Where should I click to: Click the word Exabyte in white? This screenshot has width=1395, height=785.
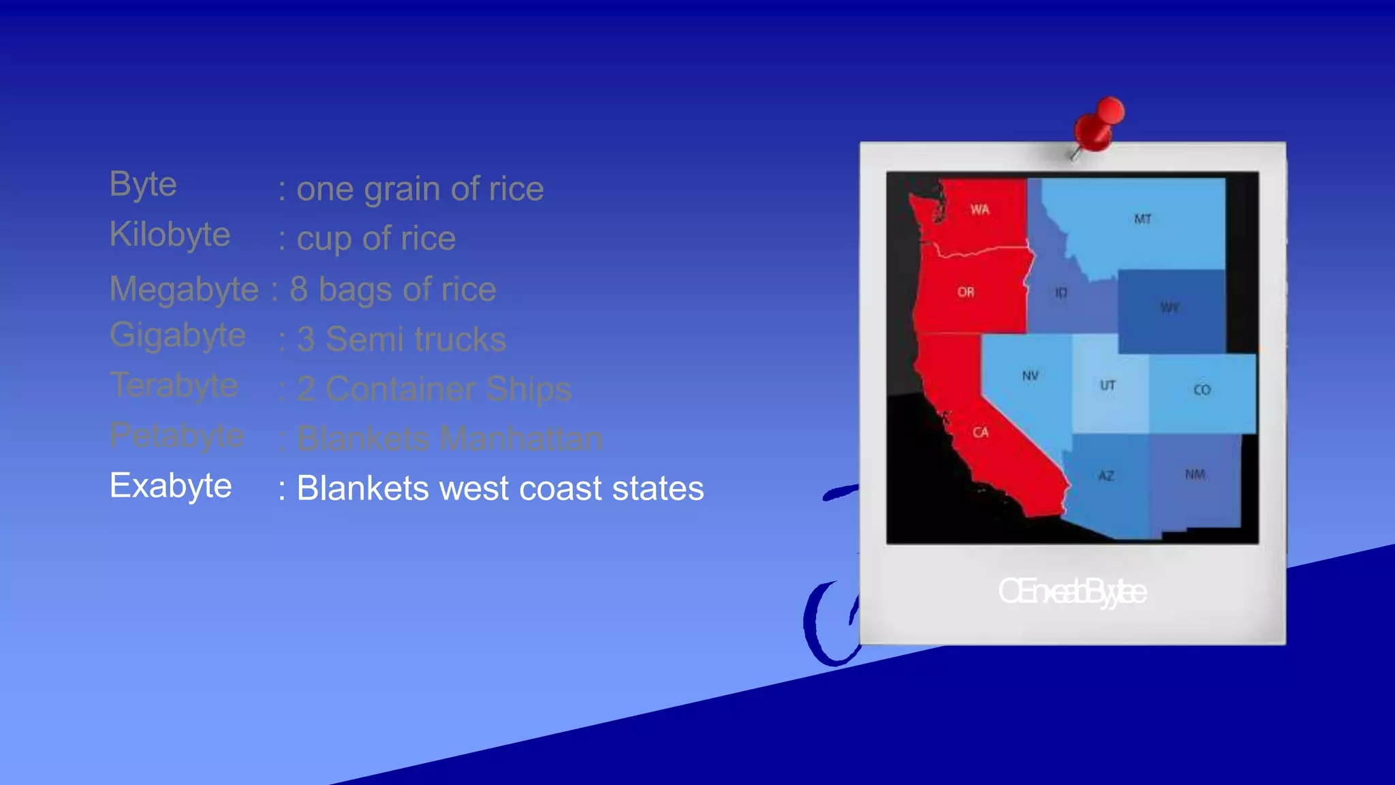170,487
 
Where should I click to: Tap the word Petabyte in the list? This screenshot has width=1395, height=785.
176,436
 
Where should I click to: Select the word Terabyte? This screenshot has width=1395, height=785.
174,386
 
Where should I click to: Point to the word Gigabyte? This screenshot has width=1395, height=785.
178,336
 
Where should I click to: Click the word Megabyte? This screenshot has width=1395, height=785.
184,289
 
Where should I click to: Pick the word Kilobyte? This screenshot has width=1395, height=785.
170,235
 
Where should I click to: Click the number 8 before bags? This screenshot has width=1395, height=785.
299,289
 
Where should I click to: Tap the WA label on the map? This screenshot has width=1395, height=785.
979,210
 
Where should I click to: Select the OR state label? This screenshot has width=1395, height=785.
965,292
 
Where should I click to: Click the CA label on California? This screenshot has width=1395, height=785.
980,433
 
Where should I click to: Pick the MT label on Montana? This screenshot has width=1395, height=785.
1142,219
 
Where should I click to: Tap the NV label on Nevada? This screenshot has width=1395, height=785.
1030,376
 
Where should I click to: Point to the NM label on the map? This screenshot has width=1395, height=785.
1195,474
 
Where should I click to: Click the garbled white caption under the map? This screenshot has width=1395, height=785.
1072,591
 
